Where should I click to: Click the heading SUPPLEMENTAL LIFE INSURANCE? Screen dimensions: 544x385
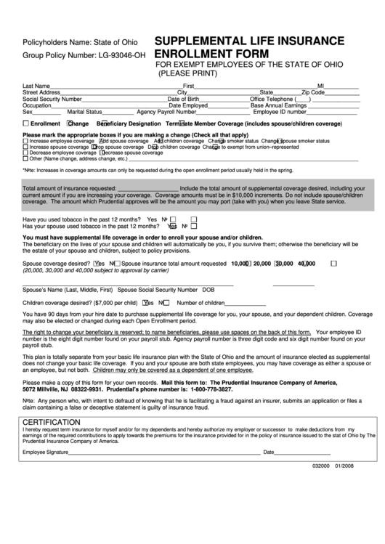point(249,41)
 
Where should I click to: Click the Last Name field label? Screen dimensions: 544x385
point(36,86)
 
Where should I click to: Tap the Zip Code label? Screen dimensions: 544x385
point(314,92)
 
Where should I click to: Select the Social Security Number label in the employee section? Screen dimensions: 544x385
point(52,99)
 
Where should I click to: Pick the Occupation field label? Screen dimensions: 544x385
point(37,105)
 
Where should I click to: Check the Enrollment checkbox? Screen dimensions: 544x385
point(25,123)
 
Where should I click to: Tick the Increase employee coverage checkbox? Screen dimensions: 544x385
point(25,141)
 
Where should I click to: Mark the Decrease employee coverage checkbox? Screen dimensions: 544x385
point(25,153)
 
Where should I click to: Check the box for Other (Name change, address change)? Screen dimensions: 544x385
point(25,158)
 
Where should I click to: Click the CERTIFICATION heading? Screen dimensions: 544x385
point(52,422)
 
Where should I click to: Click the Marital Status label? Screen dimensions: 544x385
point(85,112)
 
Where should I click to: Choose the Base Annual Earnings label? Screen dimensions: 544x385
point(278,105)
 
